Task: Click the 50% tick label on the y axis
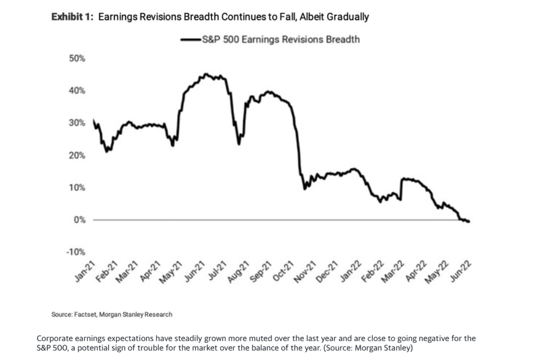(x=77, y=58)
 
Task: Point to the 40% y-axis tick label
(x=77, y=91)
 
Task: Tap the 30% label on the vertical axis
(x=77, y=123)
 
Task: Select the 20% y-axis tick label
(x=77, y=156)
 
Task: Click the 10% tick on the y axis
(x=77, y=188)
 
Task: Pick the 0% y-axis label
(x=79, y=220)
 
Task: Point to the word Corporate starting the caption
(x=55, y=339)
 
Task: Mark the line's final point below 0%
(x=468, y=222)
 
